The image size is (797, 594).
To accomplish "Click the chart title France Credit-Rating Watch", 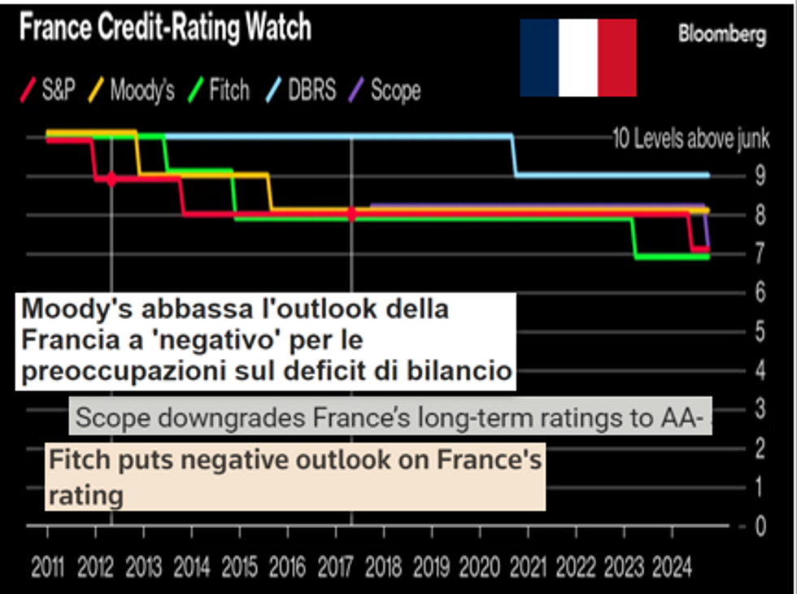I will pyautogui.click(x=164, y=29).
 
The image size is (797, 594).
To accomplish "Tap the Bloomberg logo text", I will pyautogui.click(x=722, y=35).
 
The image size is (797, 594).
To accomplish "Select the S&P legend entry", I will pyautogui.click(x=51, y=90).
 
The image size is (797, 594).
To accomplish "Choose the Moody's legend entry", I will pyautogui.click(x=134, y=90).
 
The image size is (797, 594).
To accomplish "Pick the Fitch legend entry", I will pyautogui.click(x=221, y=90).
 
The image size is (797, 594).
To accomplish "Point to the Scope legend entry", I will pyautogui.click(x=388, y=90).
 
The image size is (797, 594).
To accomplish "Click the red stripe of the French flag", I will pyautogui.click(x=616, y=58).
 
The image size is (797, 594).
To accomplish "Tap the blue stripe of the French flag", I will pyautogui.click(x=539, y=58).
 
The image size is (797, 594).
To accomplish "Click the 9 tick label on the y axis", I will pyautogui.click(x=760, y=176).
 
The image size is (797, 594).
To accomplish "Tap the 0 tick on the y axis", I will pyautogui.click(x=760, y=526).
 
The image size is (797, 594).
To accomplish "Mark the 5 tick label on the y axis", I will pyautogui.click(x=760, y=331).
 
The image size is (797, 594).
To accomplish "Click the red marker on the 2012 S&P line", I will pyautogui.click(x=111, y=179).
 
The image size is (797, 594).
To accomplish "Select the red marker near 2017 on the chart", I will pyautogui.click(x=351, y=214).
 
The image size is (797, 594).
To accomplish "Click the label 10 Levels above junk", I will pyautogui.click(x=690, y=138).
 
